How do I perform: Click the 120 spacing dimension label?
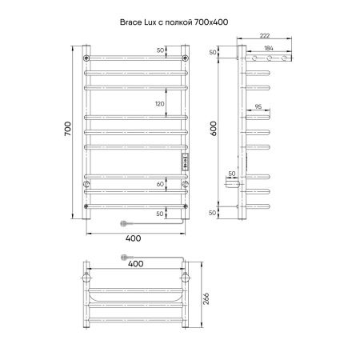[x=160, y=104]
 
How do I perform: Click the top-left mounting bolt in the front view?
[x=86, y=58]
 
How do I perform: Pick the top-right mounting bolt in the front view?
[x=186, y=58]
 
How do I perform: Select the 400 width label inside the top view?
[x=137, y=263]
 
